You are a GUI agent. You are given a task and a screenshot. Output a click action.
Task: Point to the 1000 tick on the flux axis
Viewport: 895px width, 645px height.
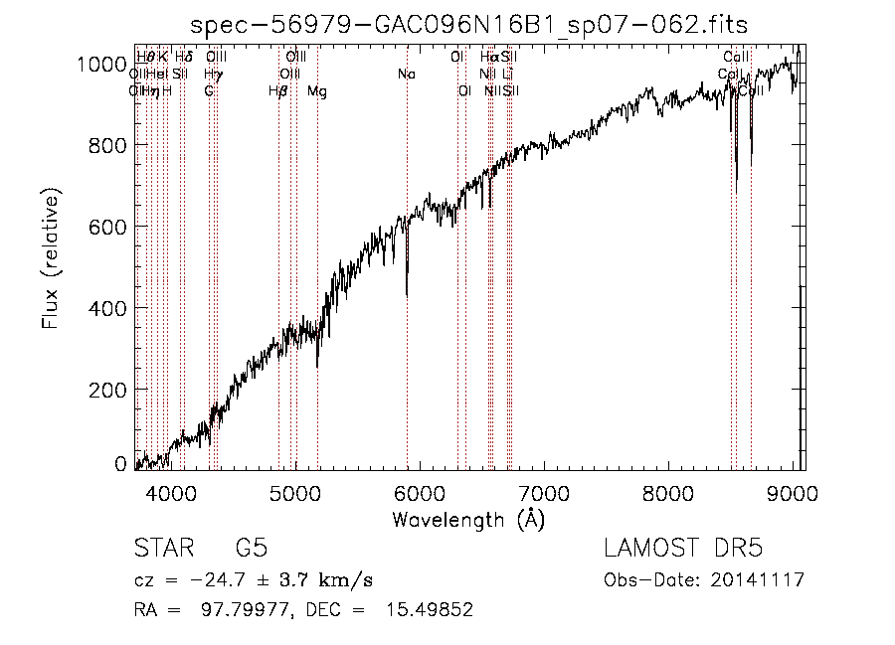(x=99, y=65)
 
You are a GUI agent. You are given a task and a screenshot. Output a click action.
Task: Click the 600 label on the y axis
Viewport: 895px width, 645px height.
(x=106, y=228)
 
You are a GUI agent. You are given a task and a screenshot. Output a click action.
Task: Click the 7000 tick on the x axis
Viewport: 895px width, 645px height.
(x=543, y=492)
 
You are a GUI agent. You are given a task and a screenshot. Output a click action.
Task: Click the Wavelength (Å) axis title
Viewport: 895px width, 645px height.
(x=468, y=519)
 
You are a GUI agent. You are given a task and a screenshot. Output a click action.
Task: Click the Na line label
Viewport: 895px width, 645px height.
(x=406, y=74)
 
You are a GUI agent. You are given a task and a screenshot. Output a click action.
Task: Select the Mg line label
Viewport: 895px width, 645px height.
(x=316, y=91)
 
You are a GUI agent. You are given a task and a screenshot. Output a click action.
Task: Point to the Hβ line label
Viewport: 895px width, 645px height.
(x=278, y=91)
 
